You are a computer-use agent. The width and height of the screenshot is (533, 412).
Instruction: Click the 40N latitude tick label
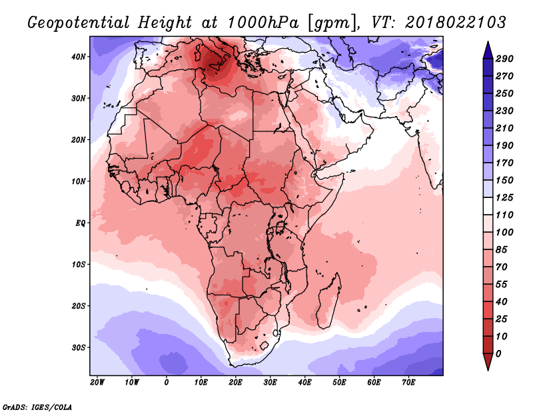[79, 57]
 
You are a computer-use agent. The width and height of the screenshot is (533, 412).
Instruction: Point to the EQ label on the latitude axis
[80, 223]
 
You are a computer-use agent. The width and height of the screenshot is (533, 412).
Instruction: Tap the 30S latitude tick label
[79, 347]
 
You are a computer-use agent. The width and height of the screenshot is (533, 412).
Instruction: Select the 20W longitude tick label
[97, 383]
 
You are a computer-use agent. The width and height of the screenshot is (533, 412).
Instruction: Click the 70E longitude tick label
[408, 383]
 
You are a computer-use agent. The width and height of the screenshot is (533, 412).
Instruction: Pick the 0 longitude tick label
[166, 383]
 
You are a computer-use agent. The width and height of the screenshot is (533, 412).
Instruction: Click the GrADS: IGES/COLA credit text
[37, 407]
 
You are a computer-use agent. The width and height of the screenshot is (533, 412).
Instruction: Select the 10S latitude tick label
[79, 265]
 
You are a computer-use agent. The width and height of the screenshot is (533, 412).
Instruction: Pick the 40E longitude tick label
[304, 383]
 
